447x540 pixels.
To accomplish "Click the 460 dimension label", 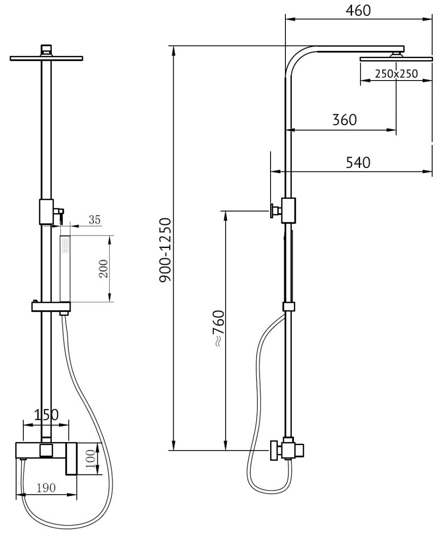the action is coord(358,11).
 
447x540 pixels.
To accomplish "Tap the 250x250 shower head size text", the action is coord(396,74).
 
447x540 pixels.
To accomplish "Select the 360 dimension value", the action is coord(344,120).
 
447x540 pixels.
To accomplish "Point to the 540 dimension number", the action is coord(358,163).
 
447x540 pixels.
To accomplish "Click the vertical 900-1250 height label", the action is coord(165,250).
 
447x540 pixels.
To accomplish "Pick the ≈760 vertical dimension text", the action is coord(218,328).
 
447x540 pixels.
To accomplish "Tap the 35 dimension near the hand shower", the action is coord(95,220).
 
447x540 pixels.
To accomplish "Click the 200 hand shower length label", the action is coord(104,269).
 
